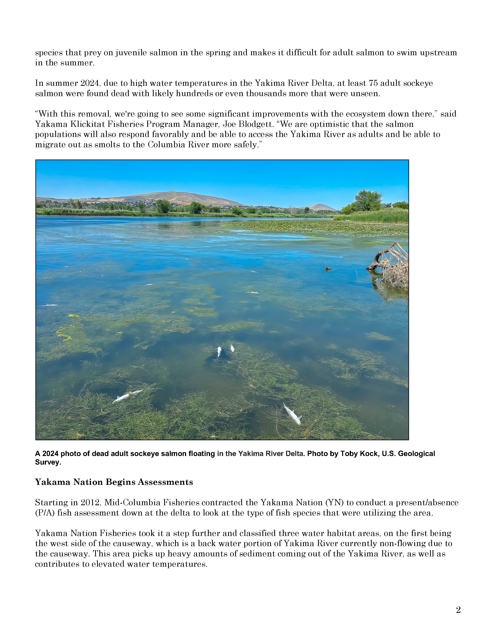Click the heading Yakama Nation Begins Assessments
114,482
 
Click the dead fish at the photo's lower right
292,414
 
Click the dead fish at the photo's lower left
127,396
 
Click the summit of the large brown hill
173,193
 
